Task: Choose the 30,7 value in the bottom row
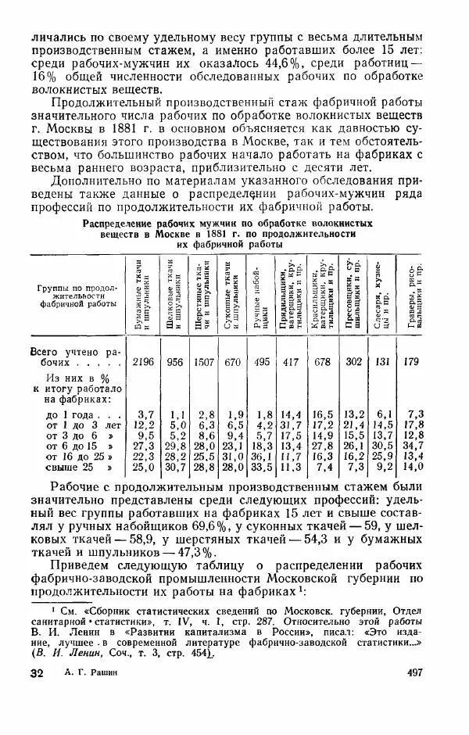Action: coord(174,467)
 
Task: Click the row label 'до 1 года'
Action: coord(70,413)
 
